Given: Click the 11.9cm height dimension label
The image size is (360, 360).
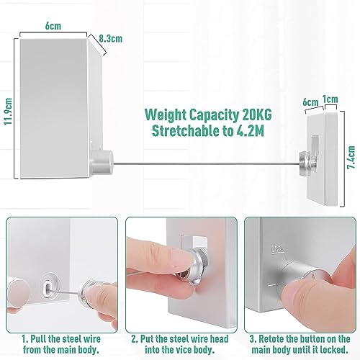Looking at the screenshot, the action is pyautogui.click(x=9, y=111).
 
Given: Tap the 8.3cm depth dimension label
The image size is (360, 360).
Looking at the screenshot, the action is pyautogui.click(x=111, y=38).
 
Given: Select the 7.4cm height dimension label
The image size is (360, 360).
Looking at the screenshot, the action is pyautogui.click(x=351, y=157).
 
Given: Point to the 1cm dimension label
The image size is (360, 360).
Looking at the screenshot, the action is pyautogui.click(x=330, y=99).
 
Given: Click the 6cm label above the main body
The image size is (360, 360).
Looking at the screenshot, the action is pyautogui.click(x=53, y=26).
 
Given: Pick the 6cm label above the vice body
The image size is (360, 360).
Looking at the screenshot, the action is pyautogui.click(x=310, y=102).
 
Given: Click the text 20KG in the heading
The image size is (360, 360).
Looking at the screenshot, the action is pyautogui.click(x=257, y=114).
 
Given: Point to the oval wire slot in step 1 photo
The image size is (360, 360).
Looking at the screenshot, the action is pyautogui.click(x=49, y=287).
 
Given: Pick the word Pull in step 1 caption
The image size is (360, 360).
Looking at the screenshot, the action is pyautogui.click(x=38, y=339).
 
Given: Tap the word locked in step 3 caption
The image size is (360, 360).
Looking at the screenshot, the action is pyautogui.click(x=333, y=350).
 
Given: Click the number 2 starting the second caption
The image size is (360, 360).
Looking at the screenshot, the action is pyautogui.click(x=134, y=339).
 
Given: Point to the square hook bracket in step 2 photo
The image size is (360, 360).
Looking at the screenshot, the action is pyautogui.click(x=194, y=243).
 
